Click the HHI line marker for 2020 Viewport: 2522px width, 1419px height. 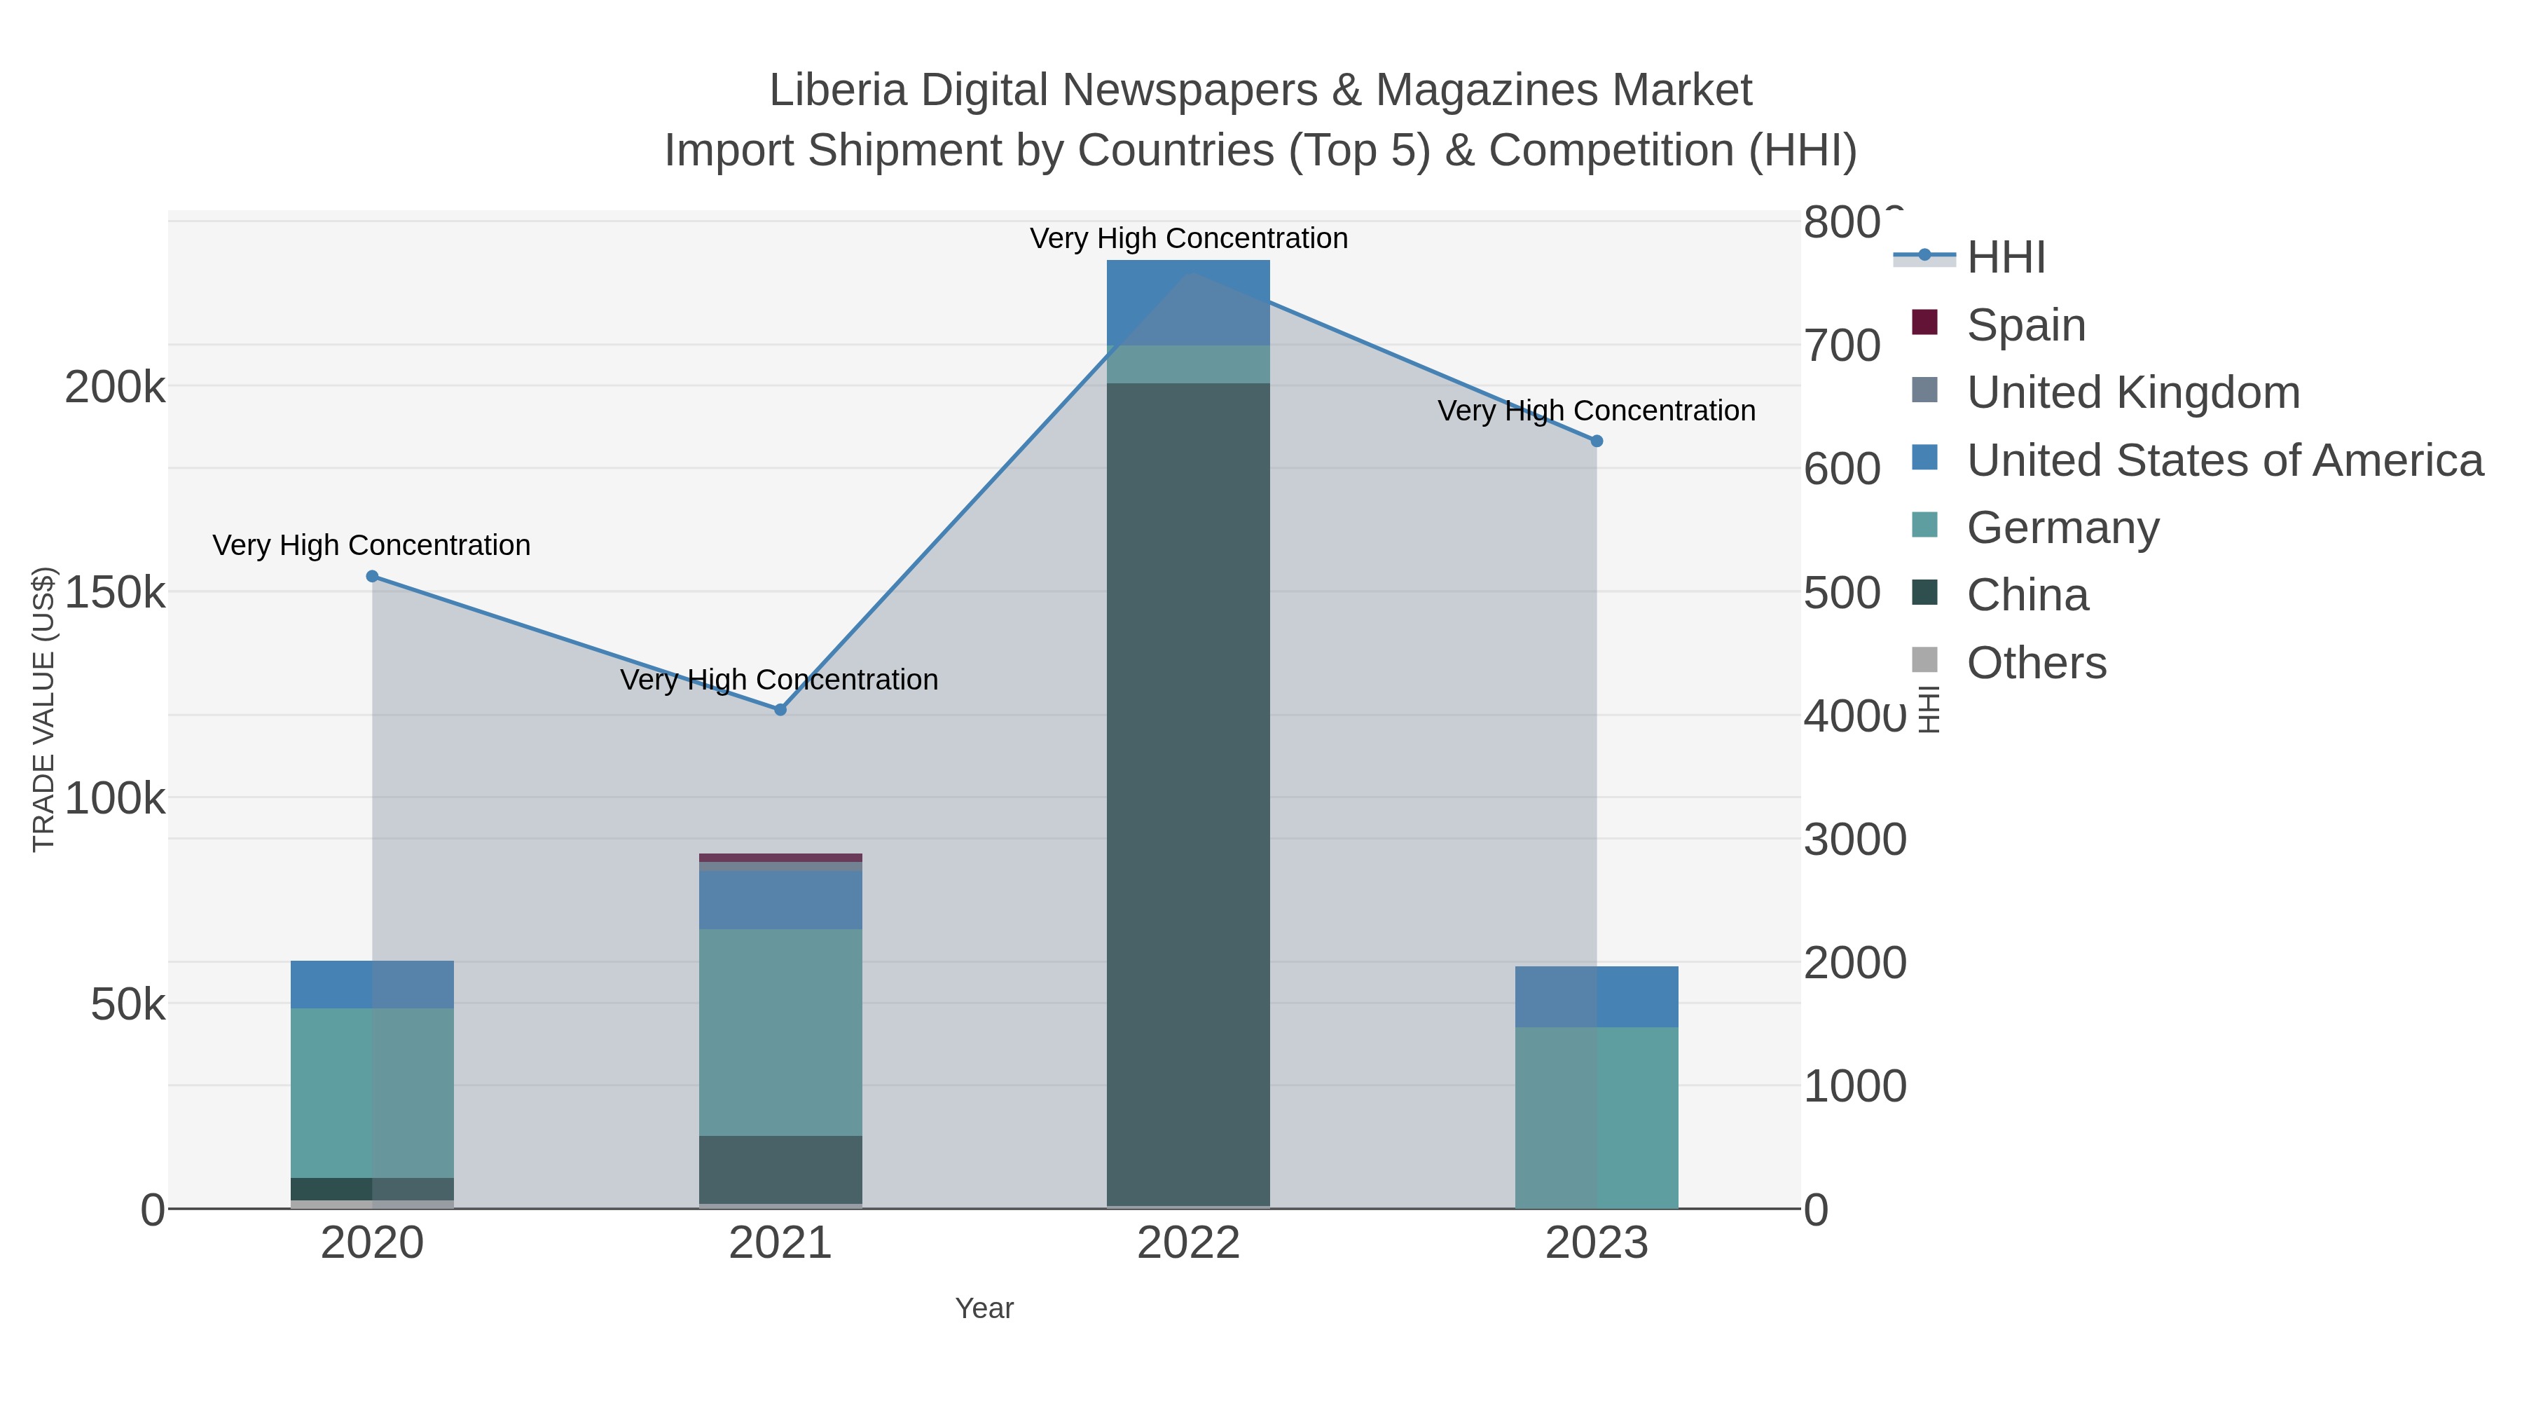point(372,576)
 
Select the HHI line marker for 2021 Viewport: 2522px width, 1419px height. point(780,709)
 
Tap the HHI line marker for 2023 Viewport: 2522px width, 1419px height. point(1597,441)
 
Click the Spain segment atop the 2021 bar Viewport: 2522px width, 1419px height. point(780,857)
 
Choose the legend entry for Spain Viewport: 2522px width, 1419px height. point(2025,324)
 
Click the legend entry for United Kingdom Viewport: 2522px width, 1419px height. point(2132,392)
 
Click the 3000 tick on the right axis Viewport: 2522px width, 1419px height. point(1854,839)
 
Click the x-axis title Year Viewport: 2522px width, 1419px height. point(984,1308)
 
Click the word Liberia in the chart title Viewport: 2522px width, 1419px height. point(837,90)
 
